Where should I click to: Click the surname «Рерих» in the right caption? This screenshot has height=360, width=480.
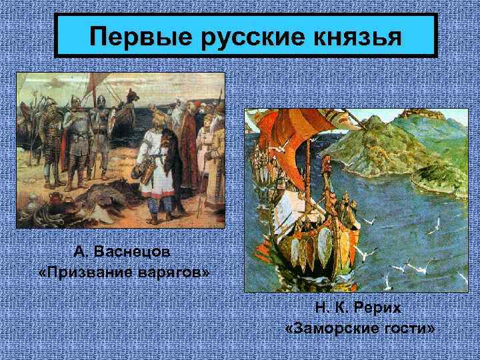(380, 310)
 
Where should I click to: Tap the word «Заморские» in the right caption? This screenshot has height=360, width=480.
(332, 330)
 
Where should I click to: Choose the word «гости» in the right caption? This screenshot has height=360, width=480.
(409, 330)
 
